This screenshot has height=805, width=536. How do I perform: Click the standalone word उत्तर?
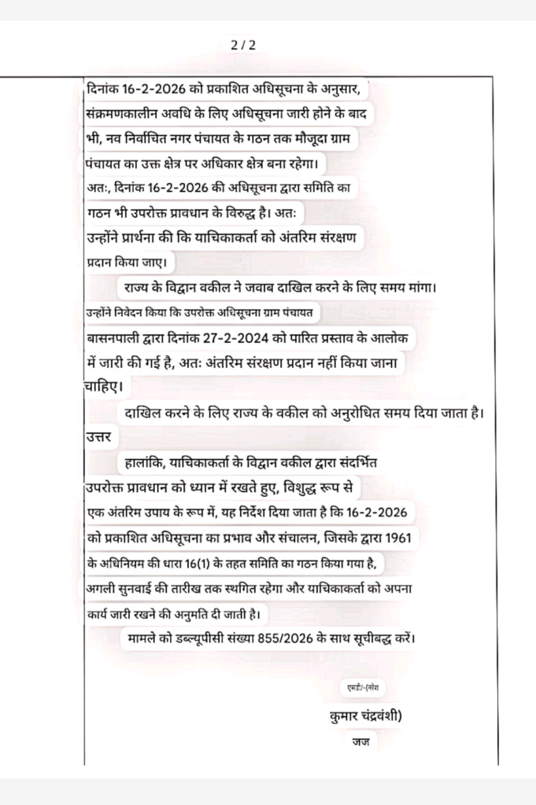coord(99,436)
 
